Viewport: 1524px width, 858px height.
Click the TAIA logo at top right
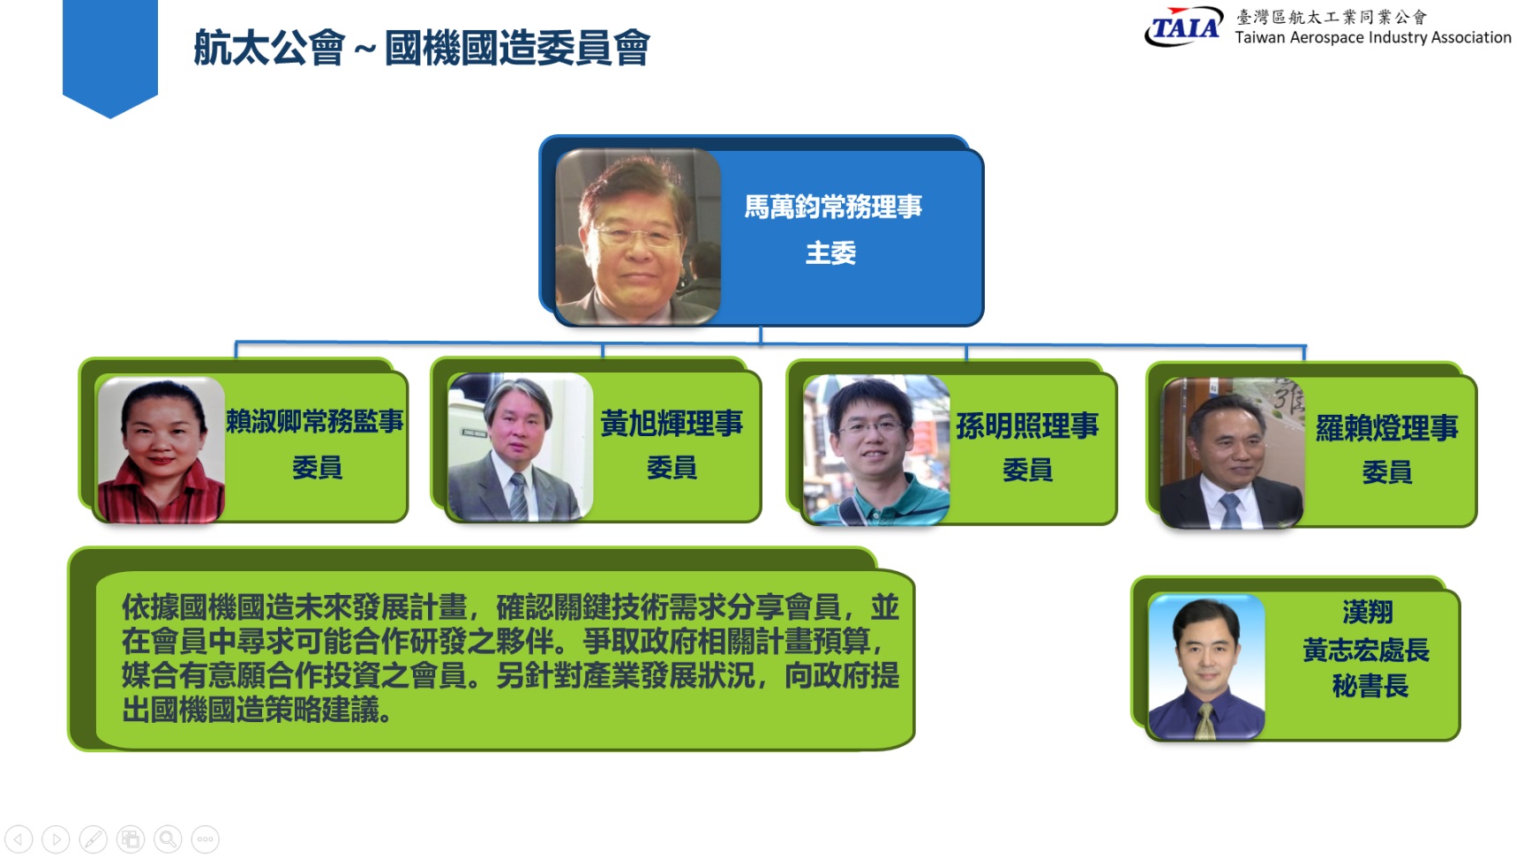(1183, 26)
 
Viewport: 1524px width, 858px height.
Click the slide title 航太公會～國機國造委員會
(422, 48)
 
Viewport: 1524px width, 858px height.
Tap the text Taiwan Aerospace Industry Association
(1373, 38)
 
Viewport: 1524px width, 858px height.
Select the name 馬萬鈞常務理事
(833, 207)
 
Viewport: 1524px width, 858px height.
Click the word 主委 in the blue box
(831, 253)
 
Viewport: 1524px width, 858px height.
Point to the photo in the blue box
(638, 237)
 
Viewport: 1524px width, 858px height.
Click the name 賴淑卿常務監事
(315, 421)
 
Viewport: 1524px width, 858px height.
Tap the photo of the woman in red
(161, 450)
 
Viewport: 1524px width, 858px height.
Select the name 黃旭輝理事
(672, 424)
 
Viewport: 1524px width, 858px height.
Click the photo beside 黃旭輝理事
(520, 447)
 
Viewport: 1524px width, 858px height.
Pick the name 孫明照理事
(1027, 426)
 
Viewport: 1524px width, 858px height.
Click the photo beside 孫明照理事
(876, 450)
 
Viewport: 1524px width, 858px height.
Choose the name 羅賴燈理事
(1386, 428)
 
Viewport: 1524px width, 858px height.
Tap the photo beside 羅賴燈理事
(1232, 454)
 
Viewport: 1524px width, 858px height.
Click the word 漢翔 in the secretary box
(1368, 612)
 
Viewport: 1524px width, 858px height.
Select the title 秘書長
(1370, 686)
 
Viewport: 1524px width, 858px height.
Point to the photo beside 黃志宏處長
(1206, 667)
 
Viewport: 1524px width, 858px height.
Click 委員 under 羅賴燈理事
(1386, 472)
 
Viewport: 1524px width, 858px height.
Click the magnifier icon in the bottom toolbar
(168, 839)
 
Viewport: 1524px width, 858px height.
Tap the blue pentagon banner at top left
(110, 57)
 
